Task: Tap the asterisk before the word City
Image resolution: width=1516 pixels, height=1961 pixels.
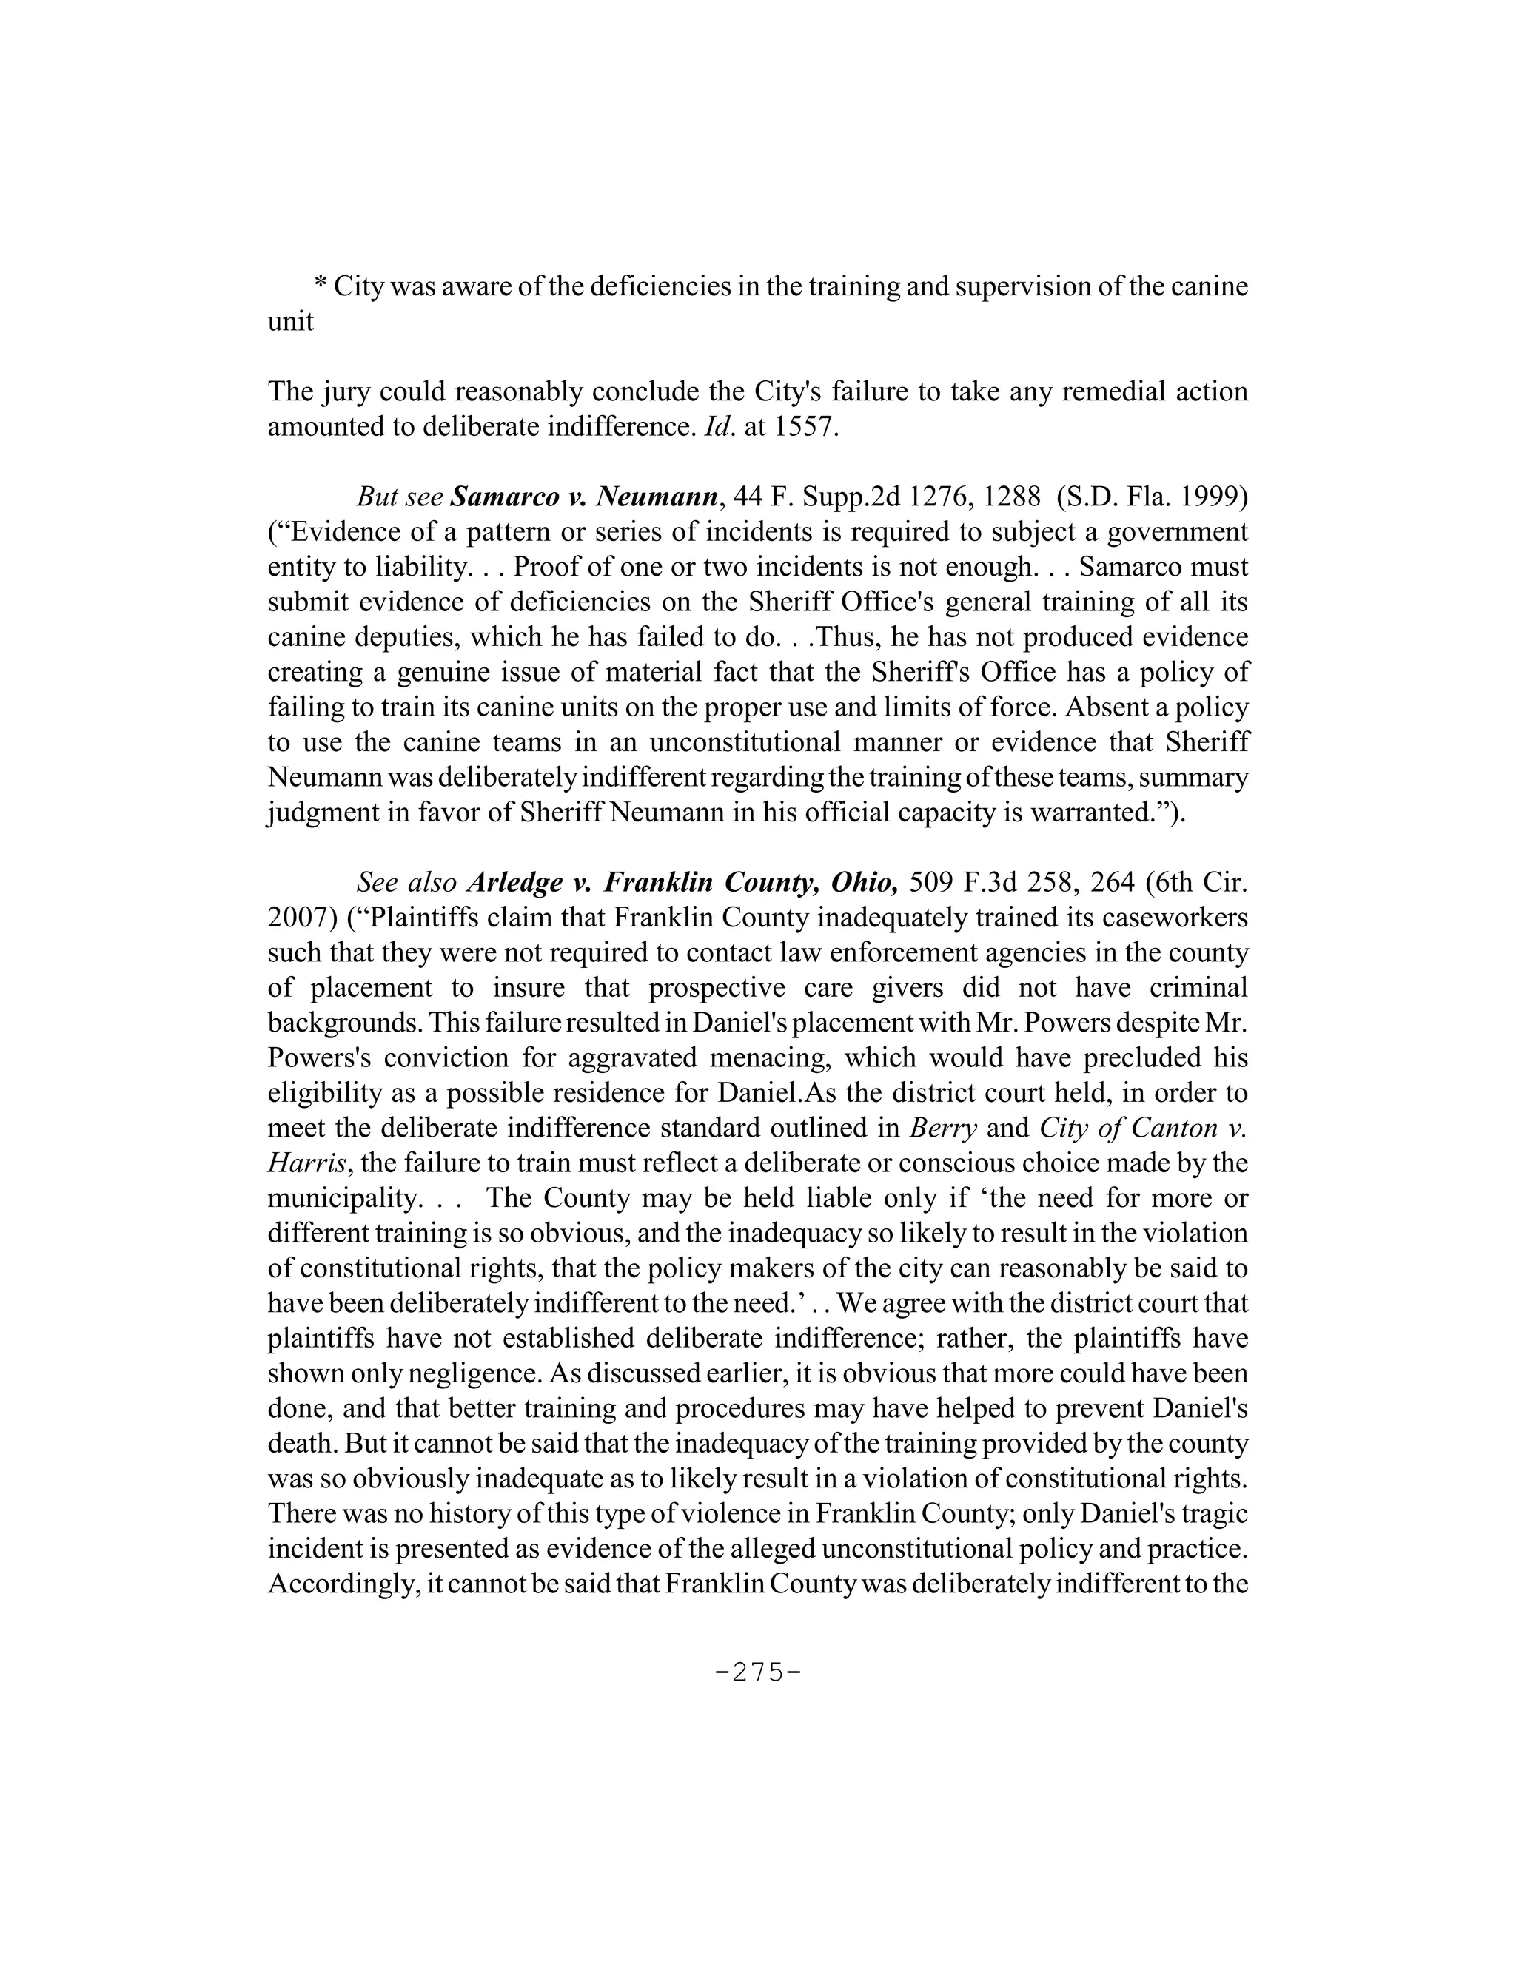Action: click(321, 287)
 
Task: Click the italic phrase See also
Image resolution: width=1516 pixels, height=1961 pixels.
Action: click(407, 883)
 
